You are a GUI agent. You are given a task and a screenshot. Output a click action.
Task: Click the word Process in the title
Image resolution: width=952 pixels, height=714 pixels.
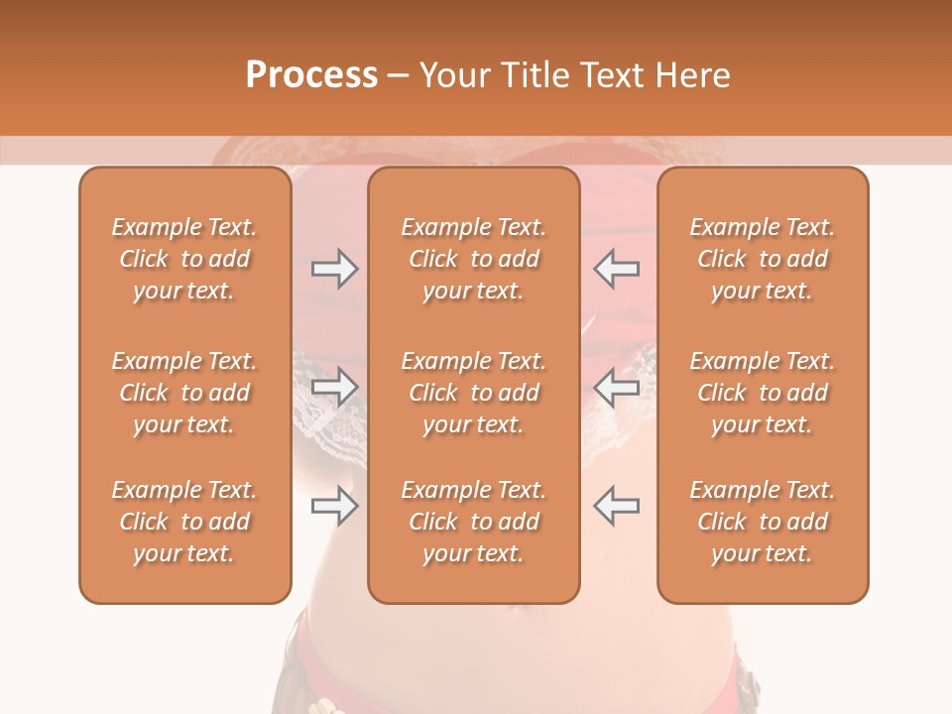click(x=311, y=75)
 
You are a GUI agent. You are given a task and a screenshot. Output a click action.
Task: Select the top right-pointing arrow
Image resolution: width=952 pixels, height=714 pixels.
click(x=334, y=269)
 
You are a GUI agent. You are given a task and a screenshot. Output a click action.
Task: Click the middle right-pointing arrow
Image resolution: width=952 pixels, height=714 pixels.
click(x=334, y=387)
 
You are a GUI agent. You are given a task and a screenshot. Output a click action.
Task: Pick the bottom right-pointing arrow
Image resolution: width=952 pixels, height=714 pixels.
click(x=334, y=506)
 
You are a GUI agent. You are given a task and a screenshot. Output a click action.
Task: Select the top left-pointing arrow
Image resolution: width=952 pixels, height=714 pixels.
click(x=616, y=269)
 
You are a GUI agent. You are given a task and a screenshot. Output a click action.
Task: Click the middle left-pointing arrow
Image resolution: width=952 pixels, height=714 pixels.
click(x=616, y=387)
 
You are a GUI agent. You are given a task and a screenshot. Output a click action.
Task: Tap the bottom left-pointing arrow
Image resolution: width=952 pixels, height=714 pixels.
click(x=616, y=506)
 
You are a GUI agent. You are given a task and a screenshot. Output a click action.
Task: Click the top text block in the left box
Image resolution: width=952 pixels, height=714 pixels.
click(x=184, y=259)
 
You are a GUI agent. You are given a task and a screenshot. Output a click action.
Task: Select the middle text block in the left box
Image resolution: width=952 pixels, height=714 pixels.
click(x=184, y=393)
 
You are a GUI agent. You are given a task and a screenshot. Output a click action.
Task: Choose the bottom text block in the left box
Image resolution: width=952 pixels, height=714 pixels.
click(x=184, y=522)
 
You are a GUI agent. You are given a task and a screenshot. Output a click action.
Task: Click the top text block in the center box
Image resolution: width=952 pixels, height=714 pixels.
click(x=474, y=259)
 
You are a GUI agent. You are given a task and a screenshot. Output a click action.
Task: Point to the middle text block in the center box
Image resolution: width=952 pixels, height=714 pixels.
click(x=474, y=393)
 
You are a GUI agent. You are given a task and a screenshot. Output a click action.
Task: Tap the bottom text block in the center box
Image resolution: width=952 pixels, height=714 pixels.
click(x=474, y=522)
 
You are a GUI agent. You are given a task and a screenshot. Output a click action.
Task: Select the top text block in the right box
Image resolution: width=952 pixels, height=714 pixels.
click(x=763, y=259)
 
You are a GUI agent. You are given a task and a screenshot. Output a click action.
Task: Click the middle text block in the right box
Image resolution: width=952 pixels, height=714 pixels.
click(x=763, y=393)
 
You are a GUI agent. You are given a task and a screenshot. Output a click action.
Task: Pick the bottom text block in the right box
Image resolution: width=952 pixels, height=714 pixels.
click(x=763, y=522)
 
